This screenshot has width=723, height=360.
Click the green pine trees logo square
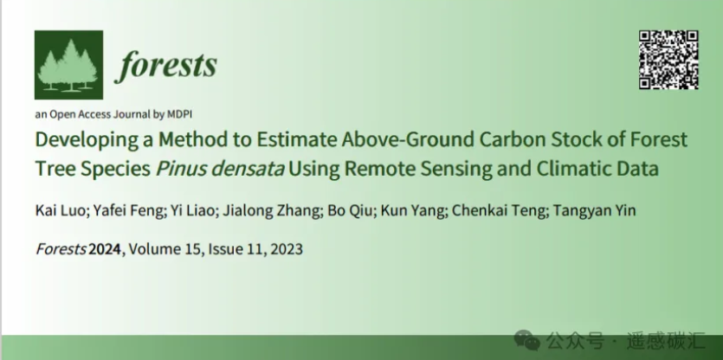[68, 65]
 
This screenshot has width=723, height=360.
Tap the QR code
[668, 60]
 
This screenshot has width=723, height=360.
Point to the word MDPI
[179, 114]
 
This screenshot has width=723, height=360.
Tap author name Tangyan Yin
[594, 210]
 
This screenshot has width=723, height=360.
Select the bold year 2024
[105, 249]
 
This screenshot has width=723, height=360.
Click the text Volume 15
[164, 249]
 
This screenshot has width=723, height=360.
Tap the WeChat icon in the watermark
[527, 340]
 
